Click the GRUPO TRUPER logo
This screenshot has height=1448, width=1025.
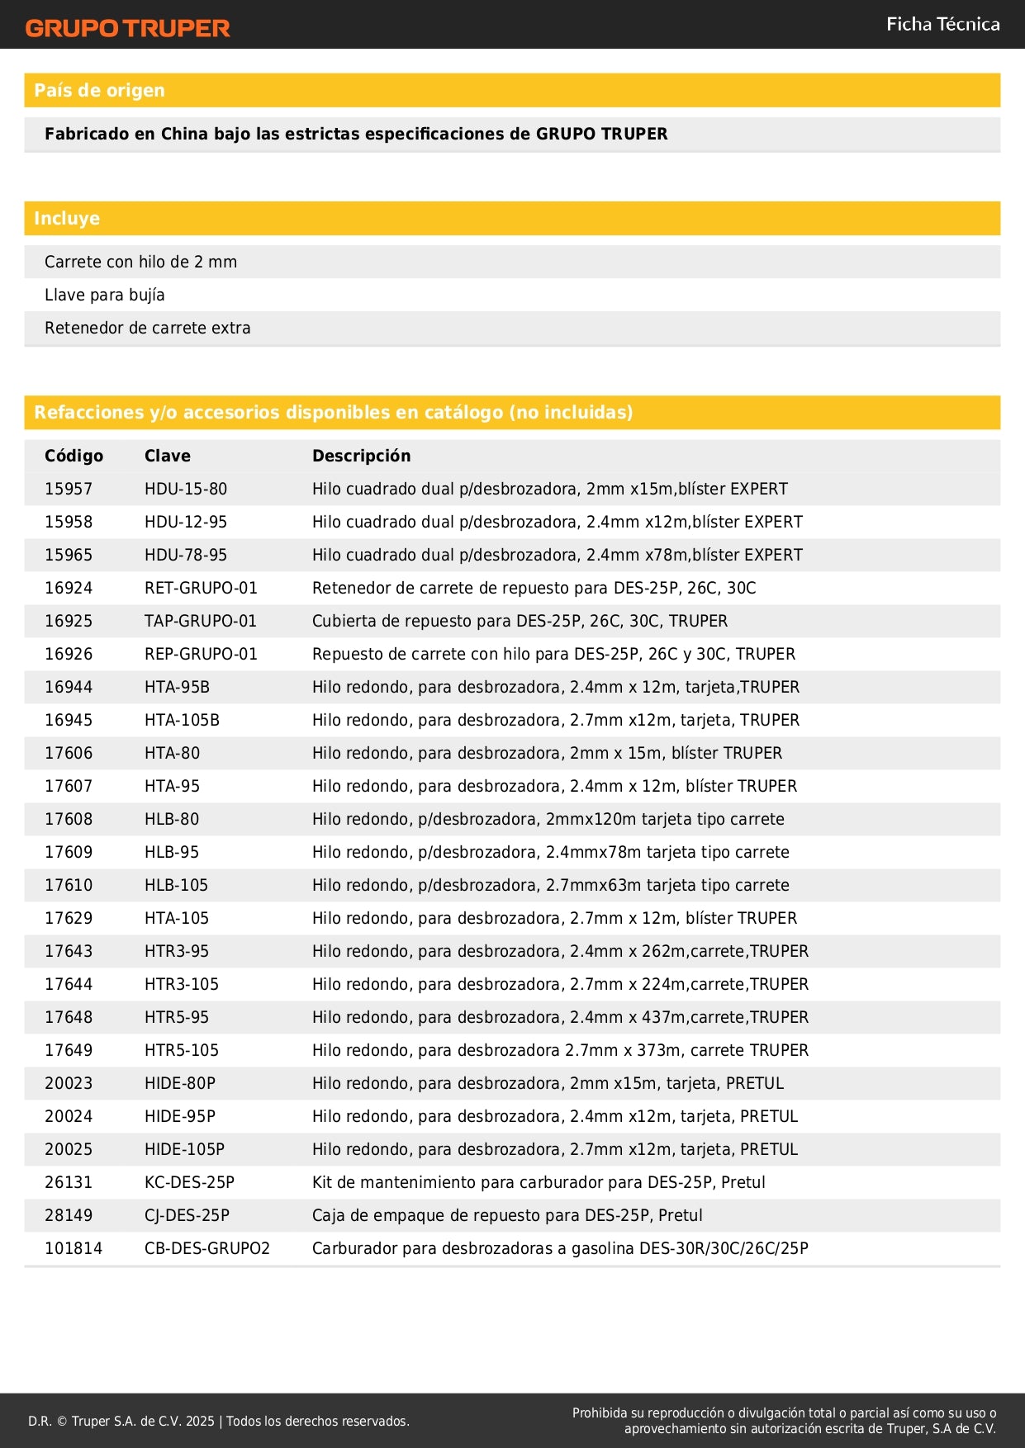coord(127,28)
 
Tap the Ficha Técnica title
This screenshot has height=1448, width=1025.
coord(942,25)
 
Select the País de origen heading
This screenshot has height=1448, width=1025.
coord(99,91)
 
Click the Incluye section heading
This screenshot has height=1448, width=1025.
coord(67,219)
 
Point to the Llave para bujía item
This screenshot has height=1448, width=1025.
coord(105,295)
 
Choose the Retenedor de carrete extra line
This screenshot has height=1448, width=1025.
coord(148,328)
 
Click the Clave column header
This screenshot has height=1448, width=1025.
coord(168,456)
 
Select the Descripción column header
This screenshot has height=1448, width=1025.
coord(361,456)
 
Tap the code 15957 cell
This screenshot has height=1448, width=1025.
coord(69,489)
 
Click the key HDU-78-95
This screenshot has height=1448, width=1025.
coord(186,555)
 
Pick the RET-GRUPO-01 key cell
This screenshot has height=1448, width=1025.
coord(201,588)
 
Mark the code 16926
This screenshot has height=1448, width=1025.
coord(69,654)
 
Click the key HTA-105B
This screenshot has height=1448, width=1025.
coord(182,720)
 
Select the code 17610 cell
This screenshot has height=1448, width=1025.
coord(69,885)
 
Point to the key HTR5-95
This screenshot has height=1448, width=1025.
coord(177,1017)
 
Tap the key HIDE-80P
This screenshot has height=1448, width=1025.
coord(180,1083)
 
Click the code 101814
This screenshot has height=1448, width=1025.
coord(74,1248)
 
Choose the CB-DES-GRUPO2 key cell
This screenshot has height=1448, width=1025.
coord(207,1248)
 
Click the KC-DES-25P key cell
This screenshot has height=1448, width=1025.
coord(189,1182)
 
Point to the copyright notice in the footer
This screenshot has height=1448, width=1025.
coord(219,1421)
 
